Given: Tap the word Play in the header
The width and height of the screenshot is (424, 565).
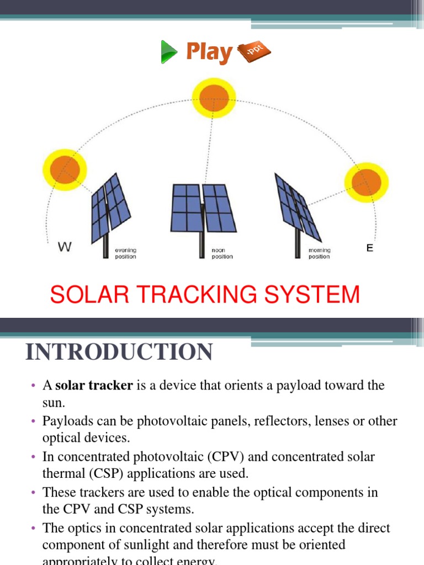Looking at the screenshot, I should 209,52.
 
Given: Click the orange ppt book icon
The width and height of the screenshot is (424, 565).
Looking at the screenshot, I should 253,53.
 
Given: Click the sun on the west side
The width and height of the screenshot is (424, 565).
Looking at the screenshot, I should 65,167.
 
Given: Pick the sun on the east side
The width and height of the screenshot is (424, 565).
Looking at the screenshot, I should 366,182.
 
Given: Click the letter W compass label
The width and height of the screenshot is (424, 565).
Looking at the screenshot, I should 65,248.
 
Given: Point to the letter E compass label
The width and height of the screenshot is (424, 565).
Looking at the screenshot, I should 370,248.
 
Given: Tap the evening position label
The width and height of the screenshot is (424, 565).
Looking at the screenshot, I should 125,253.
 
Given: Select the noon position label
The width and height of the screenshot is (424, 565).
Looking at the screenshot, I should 222,253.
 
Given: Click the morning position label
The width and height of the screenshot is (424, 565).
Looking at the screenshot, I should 320,253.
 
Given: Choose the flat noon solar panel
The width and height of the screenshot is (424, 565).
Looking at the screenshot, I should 204,207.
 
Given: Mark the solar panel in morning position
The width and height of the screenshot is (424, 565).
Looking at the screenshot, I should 298,204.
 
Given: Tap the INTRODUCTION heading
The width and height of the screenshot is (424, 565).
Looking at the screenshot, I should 119,352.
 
